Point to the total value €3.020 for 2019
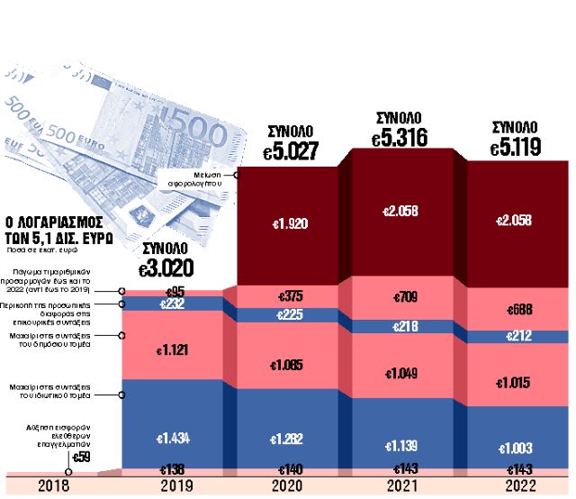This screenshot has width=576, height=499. [x=168, y=268]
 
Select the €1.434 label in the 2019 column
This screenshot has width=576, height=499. [x=175, y=438]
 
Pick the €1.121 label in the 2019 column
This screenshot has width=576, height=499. [x=175, y=350]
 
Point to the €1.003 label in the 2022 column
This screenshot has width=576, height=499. [x=516, y=448]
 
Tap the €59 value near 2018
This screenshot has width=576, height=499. [x=81, y=458]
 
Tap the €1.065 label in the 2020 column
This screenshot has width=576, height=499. [x=289, y=366]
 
